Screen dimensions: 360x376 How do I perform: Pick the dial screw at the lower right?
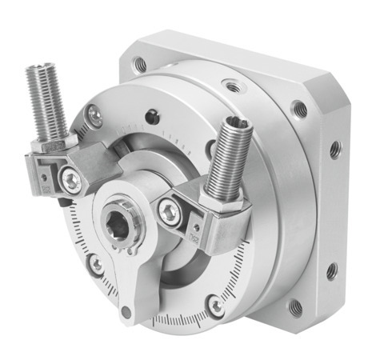(214, 305)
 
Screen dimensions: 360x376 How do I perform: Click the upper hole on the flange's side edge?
(334, 149)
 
